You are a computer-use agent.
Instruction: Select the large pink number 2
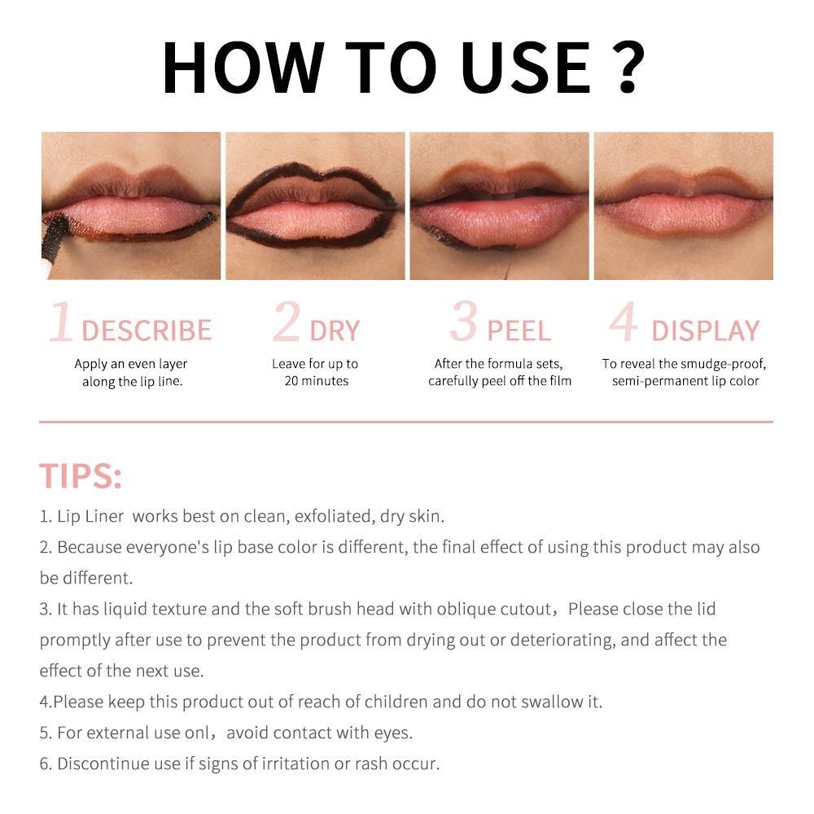tap(287, 322)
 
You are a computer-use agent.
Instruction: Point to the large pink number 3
tap(463, 322)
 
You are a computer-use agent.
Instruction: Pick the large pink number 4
tap(624, 322)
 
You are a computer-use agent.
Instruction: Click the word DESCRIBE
tap(147, 330)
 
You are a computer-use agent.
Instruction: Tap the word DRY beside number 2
tap(335, 330)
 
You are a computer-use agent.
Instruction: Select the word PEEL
tap(519, 330)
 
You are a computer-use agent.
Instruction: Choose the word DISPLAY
tap(705, 330)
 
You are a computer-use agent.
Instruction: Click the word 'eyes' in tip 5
tap(392, 733)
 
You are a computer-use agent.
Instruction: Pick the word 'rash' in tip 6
tap(369, 764)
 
